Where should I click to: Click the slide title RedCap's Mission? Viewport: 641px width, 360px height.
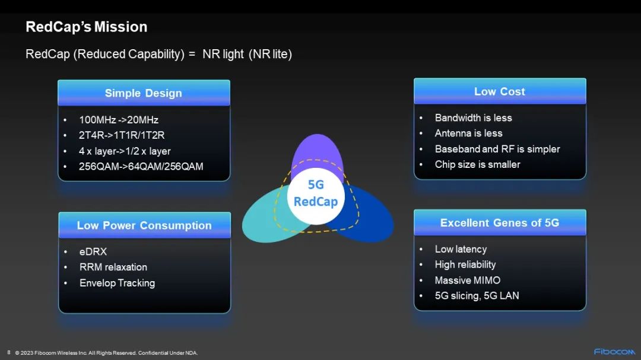[x=86, y=27]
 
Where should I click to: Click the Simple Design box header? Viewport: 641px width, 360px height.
[x=144, y=93]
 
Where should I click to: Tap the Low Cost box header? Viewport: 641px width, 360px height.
[x=500, y=91]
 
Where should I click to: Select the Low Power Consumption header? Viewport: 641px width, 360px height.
[x=144, y=225]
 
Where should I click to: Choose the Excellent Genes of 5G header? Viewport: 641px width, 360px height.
[x=500, y=222]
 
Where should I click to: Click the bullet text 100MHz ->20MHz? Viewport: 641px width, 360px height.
[x=119, y=120]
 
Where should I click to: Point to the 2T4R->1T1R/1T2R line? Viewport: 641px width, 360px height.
[x=122, y=135]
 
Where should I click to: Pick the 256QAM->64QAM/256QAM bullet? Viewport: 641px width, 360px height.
[x=141, y=166]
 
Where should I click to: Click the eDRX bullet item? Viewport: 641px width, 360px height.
[x=93, y=251]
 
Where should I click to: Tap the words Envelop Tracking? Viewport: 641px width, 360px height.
[x=118, y=283]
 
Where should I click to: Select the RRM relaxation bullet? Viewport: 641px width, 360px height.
[x=113, y=267]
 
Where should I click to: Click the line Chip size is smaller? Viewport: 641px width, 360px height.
[x=477, y=164]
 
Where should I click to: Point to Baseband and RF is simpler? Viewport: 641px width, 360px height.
[x=497, y=149]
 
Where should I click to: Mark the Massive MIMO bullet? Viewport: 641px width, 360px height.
[x=467, y=280]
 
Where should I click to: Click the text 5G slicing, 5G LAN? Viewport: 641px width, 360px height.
[x=477, y=295]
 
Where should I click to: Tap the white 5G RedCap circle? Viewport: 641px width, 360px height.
[x=316, y=196]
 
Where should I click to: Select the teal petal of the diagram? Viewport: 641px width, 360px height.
[x=262, y=219]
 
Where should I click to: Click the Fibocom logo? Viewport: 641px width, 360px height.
[x=614, y=352]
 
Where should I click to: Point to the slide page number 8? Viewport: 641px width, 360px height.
[x=9, y=352]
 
